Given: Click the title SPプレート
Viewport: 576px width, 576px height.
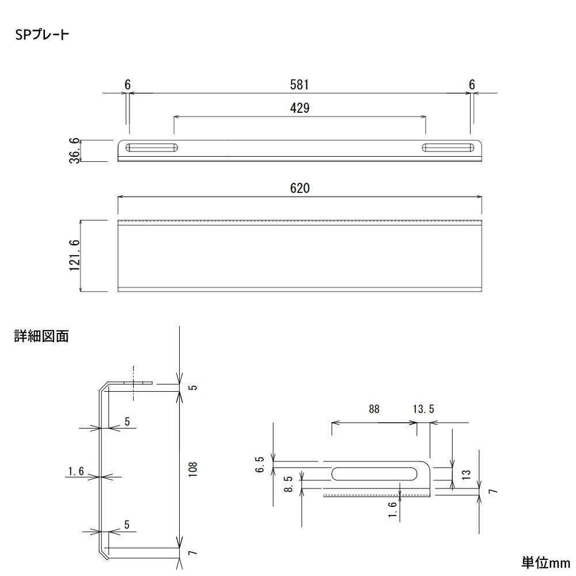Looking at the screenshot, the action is tap(42, 35).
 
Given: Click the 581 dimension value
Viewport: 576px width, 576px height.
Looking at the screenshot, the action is tap(300, 85).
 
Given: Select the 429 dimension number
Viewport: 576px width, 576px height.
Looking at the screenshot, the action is tap(300, 108).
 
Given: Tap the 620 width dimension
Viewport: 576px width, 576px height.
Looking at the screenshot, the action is tap(300, 188).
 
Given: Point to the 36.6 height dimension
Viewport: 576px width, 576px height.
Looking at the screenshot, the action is tap(74, 150).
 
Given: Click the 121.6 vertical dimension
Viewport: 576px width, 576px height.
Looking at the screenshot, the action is tap(74, 255).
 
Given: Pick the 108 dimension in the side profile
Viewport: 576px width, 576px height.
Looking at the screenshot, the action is tap(192, 469).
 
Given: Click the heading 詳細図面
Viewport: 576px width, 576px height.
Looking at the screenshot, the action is tap(41, 336).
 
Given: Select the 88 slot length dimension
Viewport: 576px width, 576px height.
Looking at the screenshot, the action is tap(374, 409).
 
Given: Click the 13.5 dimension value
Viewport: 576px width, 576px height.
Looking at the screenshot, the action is tap(423, 409).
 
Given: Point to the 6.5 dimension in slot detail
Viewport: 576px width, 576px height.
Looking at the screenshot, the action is tap(260, 464).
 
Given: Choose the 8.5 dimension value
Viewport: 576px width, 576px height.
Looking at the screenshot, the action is tap(289, 484).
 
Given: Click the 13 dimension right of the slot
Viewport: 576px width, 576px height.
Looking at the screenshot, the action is tap(466, 474).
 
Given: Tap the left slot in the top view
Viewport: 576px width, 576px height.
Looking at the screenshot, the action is tap(151, 147).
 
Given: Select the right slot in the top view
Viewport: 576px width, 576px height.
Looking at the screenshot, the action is tap(448, 147).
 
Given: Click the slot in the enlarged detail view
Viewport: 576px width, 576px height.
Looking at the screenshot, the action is tap(374, 474).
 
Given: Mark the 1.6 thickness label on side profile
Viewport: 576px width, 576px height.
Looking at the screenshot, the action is tap(76, 471).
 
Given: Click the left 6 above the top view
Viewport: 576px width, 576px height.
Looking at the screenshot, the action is tap(127, 85).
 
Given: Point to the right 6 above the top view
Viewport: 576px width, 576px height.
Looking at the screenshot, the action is tap(472, 85).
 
